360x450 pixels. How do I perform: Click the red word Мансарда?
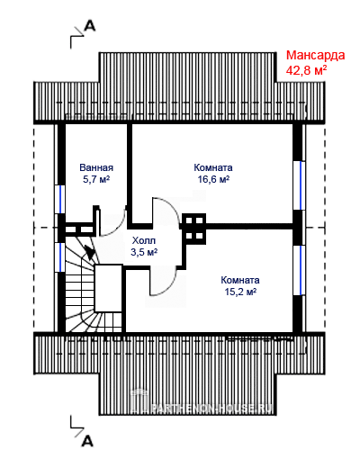315,56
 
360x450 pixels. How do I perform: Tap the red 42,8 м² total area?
306,70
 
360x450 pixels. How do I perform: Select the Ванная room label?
96,167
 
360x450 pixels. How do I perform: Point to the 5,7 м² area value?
96,179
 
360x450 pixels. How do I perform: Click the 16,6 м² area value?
213,179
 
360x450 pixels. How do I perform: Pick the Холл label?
144,240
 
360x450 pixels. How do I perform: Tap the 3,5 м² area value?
144,252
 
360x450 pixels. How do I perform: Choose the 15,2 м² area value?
240,292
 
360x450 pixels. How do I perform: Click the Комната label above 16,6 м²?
213,167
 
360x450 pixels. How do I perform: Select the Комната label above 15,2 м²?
240,280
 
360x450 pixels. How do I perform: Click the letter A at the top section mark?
89,25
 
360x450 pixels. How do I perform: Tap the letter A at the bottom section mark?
87,441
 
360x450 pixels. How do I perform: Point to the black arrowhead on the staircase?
89,251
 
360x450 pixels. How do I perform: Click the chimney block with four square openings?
194,229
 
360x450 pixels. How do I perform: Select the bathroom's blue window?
61,199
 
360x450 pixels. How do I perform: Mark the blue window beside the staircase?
61,257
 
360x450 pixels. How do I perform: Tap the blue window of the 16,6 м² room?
298,185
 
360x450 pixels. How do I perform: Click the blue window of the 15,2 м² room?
298,270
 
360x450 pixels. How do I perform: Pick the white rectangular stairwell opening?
108,288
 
